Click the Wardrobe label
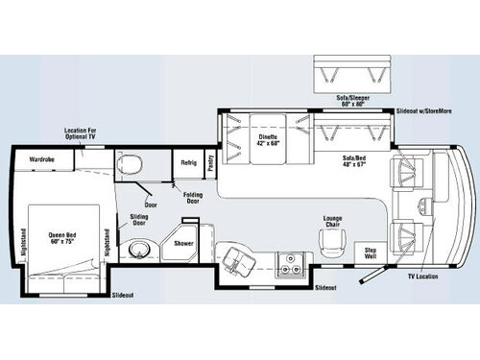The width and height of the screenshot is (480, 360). (x=40, y=158)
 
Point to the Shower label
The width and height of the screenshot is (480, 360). (x=183, y=244)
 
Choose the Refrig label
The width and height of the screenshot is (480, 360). (x=188, y=162)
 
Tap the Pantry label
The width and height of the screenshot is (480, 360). (x=211, y=162)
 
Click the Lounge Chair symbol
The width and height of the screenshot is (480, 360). (x=333, y=244)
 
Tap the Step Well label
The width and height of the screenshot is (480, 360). (x=371, y=252)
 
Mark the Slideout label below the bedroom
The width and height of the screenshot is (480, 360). (x=122, y=295)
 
